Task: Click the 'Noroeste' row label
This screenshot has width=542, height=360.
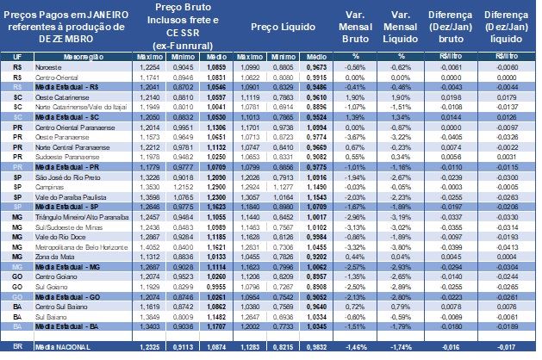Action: (x=47, y=66)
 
